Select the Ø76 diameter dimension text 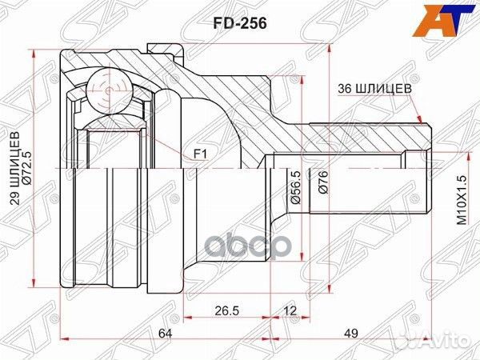click(x=323, y=186)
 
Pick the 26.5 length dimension click(x=227, y=310)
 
